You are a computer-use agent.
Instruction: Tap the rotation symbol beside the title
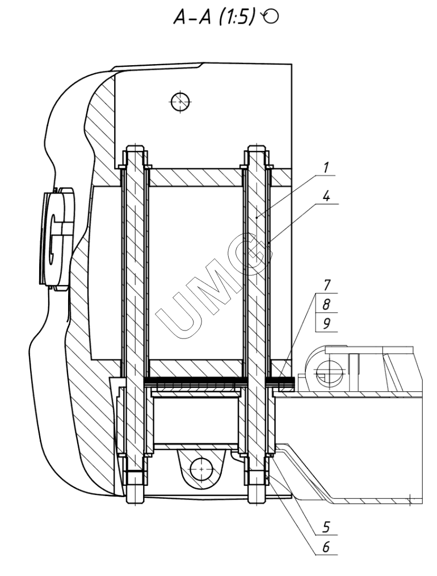[270, 16]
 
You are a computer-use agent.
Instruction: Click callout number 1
[325, 167]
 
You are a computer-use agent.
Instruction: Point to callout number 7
[326, 285]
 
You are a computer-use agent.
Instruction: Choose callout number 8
[326, 304]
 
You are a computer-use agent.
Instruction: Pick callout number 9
[326, 323]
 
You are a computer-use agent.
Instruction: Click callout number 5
[326, 527]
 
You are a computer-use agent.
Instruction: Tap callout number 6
[326, 547]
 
